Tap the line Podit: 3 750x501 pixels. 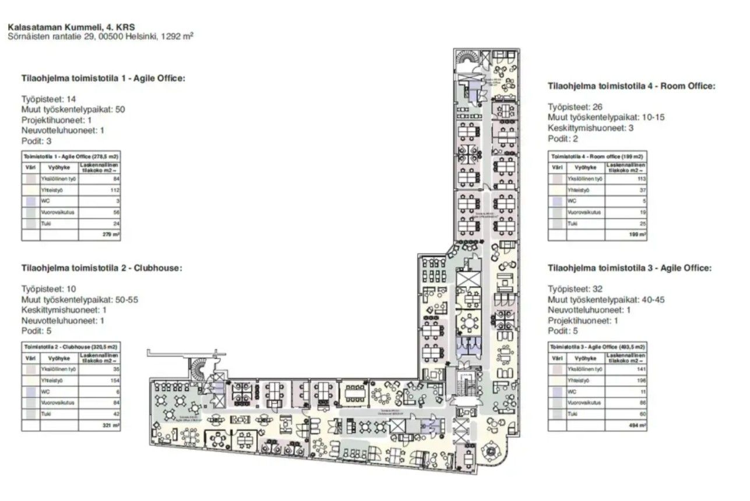[37, 141]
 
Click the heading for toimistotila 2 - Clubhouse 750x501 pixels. [102, 269]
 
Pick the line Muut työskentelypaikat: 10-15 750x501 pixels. [606, 117]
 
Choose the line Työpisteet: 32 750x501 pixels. [575, 289]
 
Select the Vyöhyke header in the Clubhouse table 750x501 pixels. [59, 358]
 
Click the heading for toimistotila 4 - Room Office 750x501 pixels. [631, 86]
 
